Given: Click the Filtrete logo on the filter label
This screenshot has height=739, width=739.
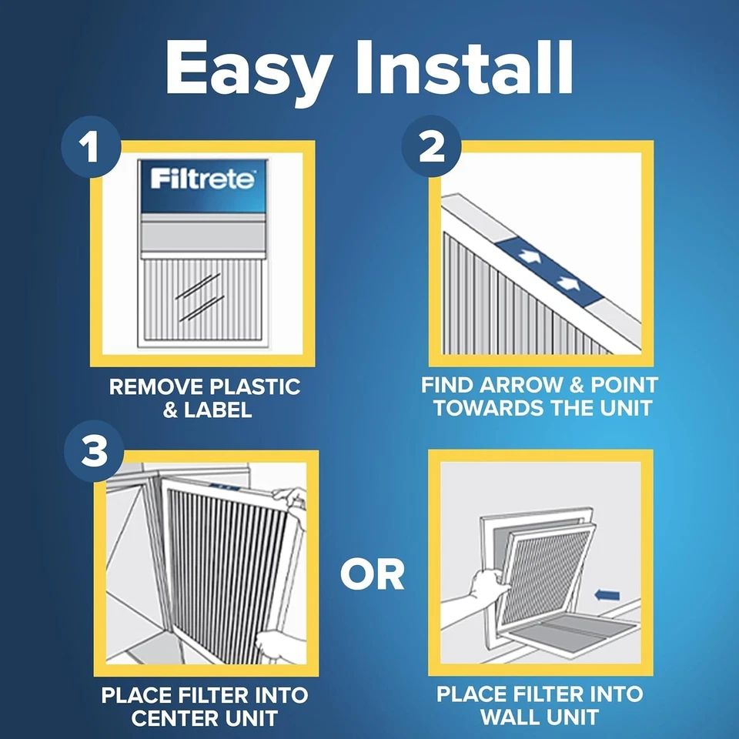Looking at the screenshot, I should pos(202,180).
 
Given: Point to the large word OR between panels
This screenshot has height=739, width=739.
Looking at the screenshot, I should pos(373,573).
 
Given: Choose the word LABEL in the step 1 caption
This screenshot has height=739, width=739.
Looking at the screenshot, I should pos(218,410).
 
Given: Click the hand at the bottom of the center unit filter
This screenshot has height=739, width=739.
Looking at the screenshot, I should pos(277,644).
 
